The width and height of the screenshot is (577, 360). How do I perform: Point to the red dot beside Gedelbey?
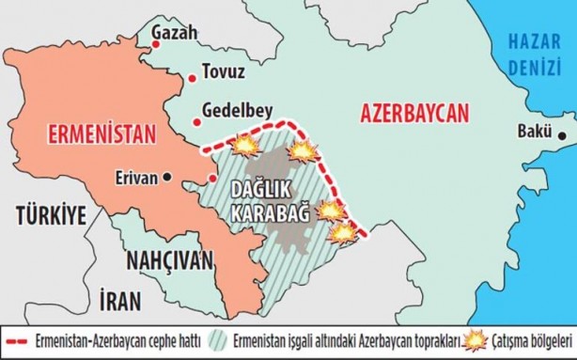pos(198,119)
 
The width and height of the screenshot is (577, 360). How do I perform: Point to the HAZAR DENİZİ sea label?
pos(534,54)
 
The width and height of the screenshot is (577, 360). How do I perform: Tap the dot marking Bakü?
pos(562,136)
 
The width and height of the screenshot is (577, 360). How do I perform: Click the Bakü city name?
pos(533,132)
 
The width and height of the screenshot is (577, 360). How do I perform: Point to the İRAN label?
pos(119,301)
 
